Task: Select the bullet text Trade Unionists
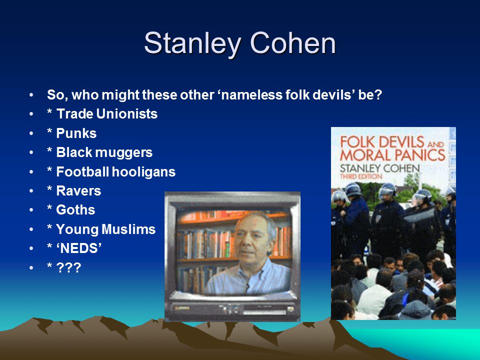point(107,114)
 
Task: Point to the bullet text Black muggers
point(104,152)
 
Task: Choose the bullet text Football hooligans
point(116,172)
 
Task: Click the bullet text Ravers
point(78,191)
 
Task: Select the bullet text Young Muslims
point(106,229)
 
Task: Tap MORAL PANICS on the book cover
point(392,154)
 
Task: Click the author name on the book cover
point(379,167)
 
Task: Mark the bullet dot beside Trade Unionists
point(32,114)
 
